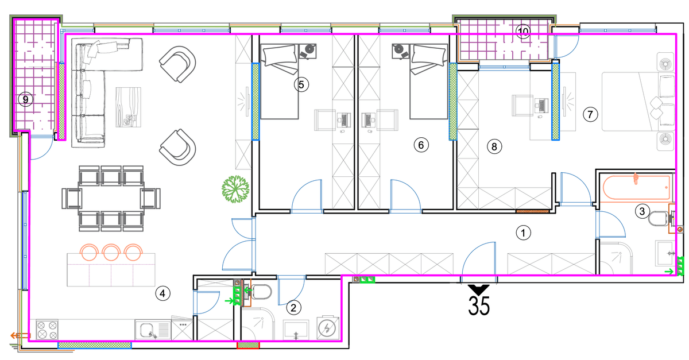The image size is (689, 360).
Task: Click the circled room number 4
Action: (x=162, y=293)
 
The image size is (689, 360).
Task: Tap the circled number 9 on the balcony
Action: (x=25, y=99)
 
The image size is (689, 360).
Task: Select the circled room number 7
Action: (x=590, y=114)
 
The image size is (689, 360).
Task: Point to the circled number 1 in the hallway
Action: (x=523, y=233)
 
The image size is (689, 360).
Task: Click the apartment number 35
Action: (x=479, y=305)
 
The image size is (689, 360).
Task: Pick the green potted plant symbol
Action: (x=235, y=189)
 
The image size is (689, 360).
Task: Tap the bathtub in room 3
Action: (x=636, y=188)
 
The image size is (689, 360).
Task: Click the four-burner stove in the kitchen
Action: (x=47, y=330)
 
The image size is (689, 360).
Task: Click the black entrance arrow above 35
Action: (x=479, y=289)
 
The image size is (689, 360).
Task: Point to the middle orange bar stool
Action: (x=111, y=252)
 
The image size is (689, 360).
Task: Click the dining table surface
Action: (x=111, y=198)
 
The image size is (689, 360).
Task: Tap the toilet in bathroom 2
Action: (x=261, y=292)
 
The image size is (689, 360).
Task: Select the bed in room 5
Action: (x=279, y=82)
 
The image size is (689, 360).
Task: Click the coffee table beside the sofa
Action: (x=128, y=107)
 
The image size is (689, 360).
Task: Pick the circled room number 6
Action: (x=421, y=145)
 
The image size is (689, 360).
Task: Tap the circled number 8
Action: (x=494, y=146)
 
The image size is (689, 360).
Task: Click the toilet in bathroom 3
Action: (x=660, y=218)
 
